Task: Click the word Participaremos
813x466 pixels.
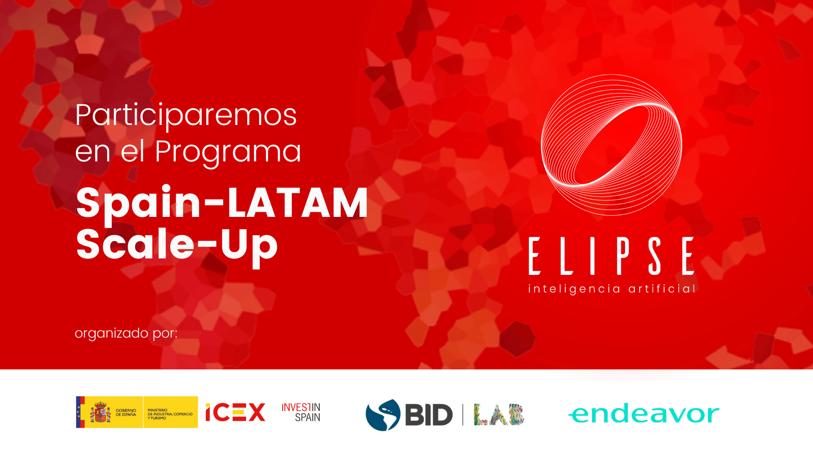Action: click(186, 116)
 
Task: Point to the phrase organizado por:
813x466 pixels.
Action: click(126, 333)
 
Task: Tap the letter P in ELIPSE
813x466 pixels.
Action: click(623, 256)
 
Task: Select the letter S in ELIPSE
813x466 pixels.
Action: click(655, 256)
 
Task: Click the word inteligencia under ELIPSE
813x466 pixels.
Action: click(574, 289)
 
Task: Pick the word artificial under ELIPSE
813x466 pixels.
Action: click(662, 288)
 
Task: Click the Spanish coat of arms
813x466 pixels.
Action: click(100, 412)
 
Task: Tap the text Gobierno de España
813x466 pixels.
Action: click(126, 413)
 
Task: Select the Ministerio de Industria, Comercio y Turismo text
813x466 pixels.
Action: click(170, 414)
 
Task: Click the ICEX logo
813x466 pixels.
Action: click(235, 412)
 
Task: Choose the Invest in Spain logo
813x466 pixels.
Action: click(301, 412)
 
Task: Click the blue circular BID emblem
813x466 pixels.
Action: click(383, 415)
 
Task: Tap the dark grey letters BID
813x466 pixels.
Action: click(429, 414)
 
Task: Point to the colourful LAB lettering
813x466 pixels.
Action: click(499, 414)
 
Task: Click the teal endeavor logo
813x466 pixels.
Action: click(644, 413)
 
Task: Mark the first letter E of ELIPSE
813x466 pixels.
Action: click(535, 256)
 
